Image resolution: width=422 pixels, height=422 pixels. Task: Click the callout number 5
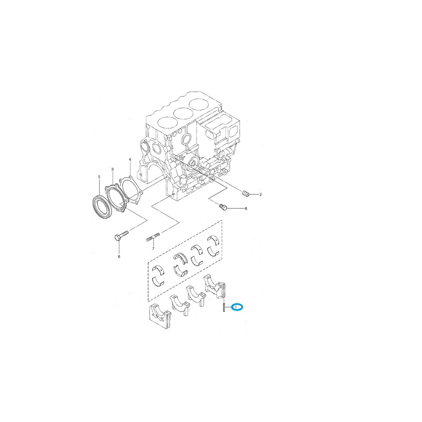tap(99, 177)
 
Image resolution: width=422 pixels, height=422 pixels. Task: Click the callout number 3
tap(113, 170)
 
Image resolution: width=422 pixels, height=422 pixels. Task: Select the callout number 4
tap(130, 160)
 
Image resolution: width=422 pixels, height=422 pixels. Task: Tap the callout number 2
tap(261, 194)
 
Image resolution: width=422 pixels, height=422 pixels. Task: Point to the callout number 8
tap(246, 209)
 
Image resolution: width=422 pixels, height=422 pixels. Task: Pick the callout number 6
tap(119, 256)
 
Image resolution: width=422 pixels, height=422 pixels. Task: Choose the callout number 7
tap(153, 249)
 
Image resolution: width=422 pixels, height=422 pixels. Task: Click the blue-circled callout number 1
tap(237, 307)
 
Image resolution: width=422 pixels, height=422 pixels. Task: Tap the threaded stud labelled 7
tap(153, 237)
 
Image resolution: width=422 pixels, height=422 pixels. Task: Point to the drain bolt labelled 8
tap(223, 207)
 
